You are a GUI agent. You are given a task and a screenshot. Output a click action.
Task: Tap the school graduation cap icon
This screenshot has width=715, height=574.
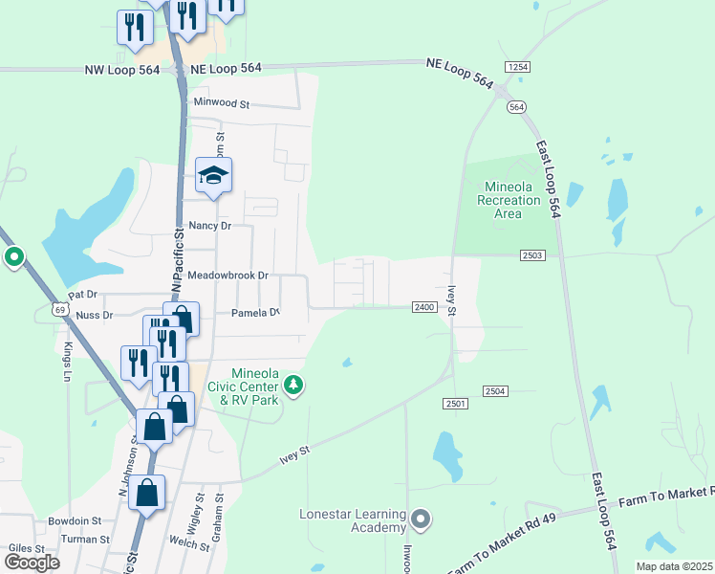[214, 175]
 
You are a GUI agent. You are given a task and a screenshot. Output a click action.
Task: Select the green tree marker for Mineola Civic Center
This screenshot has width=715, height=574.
[293, 386]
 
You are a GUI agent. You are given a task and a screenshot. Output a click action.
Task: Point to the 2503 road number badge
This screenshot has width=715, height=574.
[533, 254]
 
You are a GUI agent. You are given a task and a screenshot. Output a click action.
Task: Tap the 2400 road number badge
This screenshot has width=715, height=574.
[425, 307]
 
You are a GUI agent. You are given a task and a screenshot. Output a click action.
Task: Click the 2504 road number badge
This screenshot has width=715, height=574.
[494, 391]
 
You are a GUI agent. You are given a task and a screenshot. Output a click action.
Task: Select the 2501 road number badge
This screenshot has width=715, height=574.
[456, 405]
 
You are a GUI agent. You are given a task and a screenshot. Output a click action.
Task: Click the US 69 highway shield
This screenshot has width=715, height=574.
[60, 309]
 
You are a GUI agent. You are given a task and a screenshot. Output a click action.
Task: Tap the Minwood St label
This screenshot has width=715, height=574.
[221, 102]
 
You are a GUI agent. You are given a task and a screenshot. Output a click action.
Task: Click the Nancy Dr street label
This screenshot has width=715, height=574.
[210, 226]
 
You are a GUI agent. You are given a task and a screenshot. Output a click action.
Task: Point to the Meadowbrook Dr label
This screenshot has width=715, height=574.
[228, 276]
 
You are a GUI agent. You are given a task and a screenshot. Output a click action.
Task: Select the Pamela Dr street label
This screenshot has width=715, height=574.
[255, 313]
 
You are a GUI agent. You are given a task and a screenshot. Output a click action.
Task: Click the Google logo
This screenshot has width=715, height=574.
[31, 562]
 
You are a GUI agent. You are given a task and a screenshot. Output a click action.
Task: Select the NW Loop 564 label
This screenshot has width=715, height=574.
[124, 69]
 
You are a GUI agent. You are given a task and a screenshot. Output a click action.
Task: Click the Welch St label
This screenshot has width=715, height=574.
[188, 544]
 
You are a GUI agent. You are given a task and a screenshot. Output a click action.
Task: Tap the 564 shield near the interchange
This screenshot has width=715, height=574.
[517, 106]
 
